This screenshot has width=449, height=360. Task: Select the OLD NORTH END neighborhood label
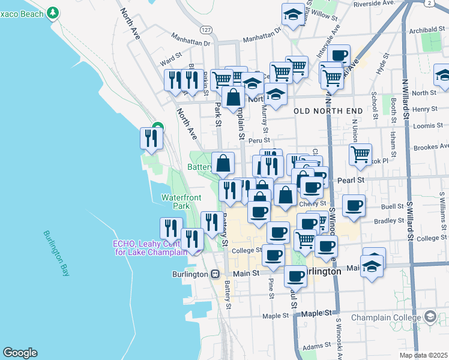click(x=328, y=112)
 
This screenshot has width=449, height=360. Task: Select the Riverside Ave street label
click(x=373, y=3)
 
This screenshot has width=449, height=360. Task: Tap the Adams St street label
click(x=317, y=347)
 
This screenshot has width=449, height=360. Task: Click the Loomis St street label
click(x=426, y=127)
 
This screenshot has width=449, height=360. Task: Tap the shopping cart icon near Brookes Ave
click(x=360, y=154)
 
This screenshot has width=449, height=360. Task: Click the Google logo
click(x=20, y=353)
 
